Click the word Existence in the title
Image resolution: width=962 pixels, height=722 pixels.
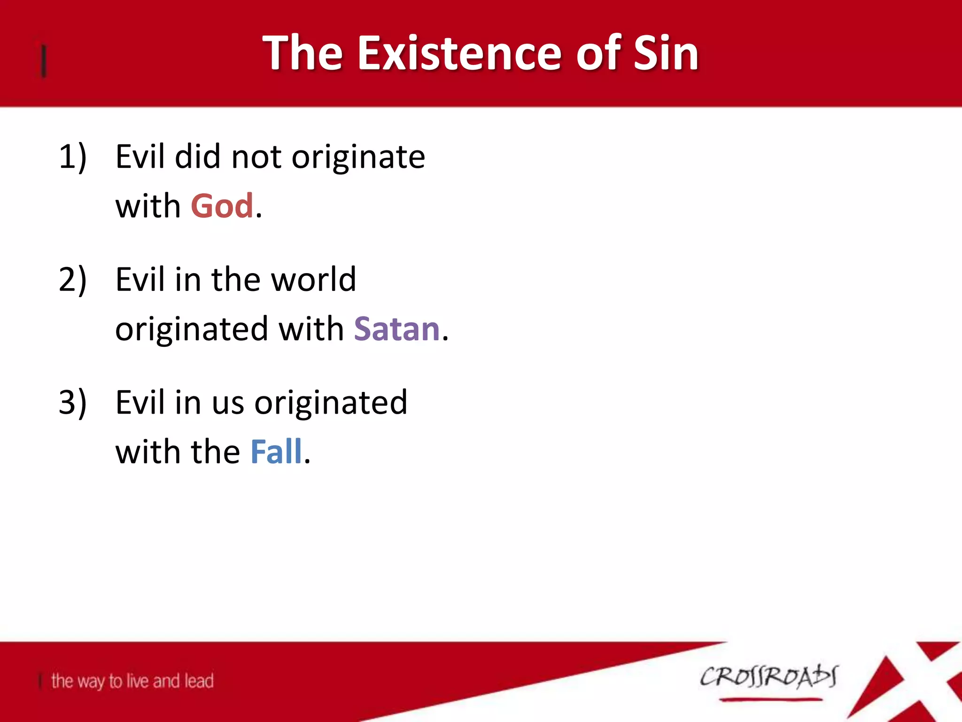[463, 53]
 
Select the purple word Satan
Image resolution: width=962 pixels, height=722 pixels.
[397, 329]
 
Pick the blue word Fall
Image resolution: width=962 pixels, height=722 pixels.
[276, 452]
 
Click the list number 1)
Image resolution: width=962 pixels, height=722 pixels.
[73, 157]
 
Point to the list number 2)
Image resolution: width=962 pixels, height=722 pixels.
[73, 280]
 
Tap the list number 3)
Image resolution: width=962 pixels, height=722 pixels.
[73, 403]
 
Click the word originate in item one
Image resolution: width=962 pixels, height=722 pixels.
[358, 157]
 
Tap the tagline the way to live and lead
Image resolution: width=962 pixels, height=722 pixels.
[132, 681]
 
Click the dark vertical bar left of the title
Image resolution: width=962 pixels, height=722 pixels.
[44, 61]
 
